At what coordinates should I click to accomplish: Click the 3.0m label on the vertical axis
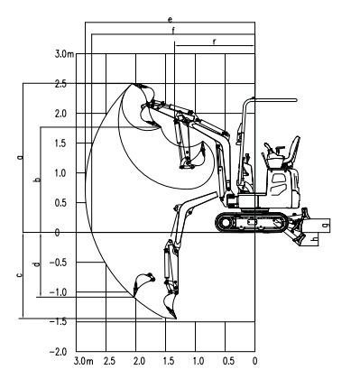coord(64,54)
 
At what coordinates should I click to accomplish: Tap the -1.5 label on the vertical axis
coord(58,322)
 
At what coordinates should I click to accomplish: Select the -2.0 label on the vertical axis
coord(58,352)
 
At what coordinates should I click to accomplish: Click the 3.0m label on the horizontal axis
coord(83,361)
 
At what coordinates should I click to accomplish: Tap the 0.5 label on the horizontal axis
coord(228,361)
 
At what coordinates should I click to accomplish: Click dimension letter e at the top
coord(171,20)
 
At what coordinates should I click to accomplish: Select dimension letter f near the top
coord(173,31)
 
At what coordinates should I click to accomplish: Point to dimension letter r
coord(214,42)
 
